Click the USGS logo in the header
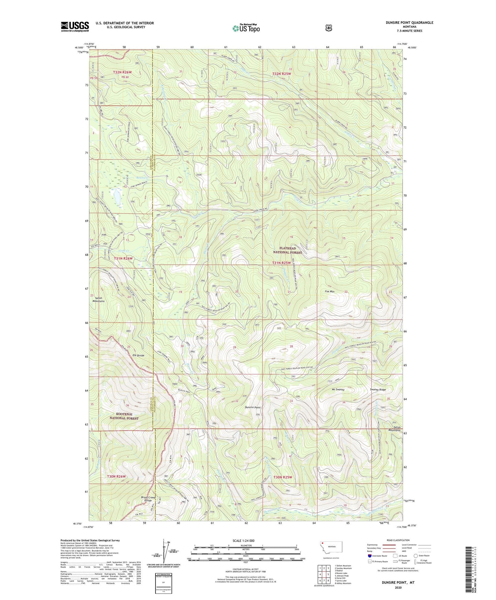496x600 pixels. click(x=75, y=26)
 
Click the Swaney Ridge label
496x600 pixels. click(x=378, y=390)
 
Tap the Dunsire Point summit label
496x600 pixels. click(x=253, y=407)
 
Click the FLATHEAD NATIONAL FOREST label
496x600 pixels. click(x=287, y=250)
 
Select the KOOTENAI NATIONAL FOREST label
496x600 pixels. click(x=124, y=416)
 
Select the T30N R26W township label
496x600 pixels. click(x=116, y=477)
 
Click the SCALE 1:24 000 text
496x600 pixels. click(x=243, y=541)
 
